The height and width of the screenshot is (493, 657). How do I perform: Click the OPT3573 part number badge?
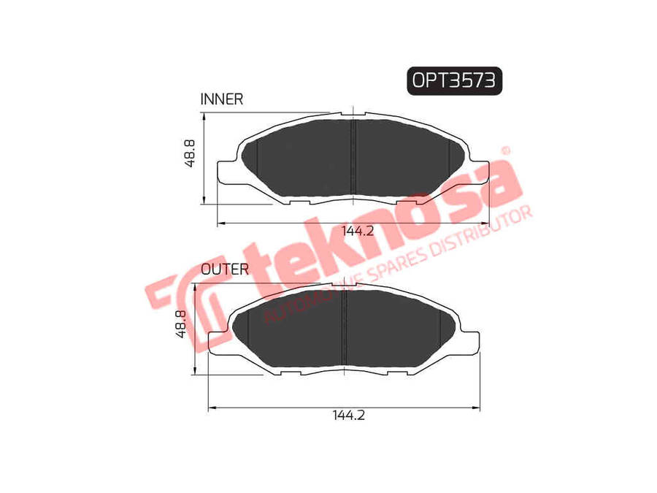click(x=454, y=80)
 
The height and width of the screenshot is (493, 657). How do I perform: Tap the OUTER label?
click(x=225, y=269)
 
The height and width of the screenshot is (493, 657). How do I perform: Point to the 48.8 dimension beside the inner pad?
click(x=191, y=155)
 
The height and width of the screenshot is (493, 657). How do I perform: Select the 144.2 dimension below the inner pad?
click(x=358, y=231)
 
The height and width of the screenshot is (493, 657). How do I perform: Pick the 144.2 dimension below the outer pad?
click(x=348, y=414)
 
